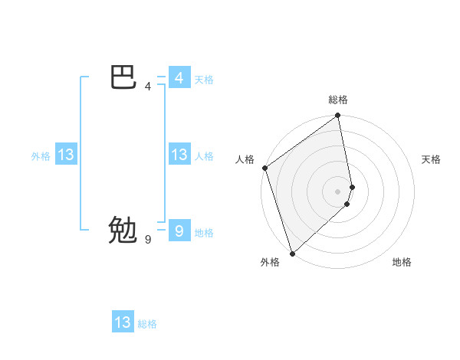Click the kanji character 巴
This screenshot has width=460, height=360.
coord(123,78)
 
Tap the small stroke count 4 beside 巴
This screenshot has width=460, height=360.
coord(148,87)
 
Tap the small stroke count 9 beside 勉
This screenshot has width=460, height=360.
coord(148,240)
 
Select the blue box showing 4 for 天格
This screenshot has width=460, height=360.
coord(179,78)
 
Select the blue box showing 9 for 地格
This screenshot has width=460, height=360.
coord(179,231)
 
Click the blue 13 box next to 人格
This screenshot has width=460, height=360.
coord(179,155)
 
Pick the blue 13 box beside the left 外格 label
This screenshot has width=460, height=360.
coord(66,155)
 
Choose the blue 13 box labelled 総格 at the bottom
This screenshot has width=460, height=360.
coord(123,322)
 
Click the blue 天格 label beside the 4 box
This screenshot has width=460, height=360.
coord(204,80)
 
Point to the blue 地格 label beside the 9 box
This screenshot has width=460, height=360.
coord(204,233)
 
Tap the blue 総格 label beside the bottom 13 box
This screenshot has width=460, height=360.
coord(147,324)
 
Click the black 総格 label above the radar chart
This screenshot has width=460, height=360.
coord(338,100)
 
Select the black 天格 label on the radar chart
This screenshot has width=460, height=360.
coord(432,159)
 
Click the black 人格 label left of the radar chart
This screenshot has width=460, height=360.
coord(245,159)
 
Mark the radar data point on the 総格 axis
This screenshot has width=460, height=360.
coord(338,116)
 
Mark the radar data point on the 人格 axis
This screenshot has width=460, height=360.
coord(264,168)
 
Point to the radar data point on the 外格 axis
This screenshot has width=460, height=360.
coord(292,252)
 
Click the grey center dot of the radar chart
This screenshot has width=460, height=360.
coord(338,191)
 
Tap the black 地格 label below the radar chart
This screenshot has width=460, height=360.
coord(402,262)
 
